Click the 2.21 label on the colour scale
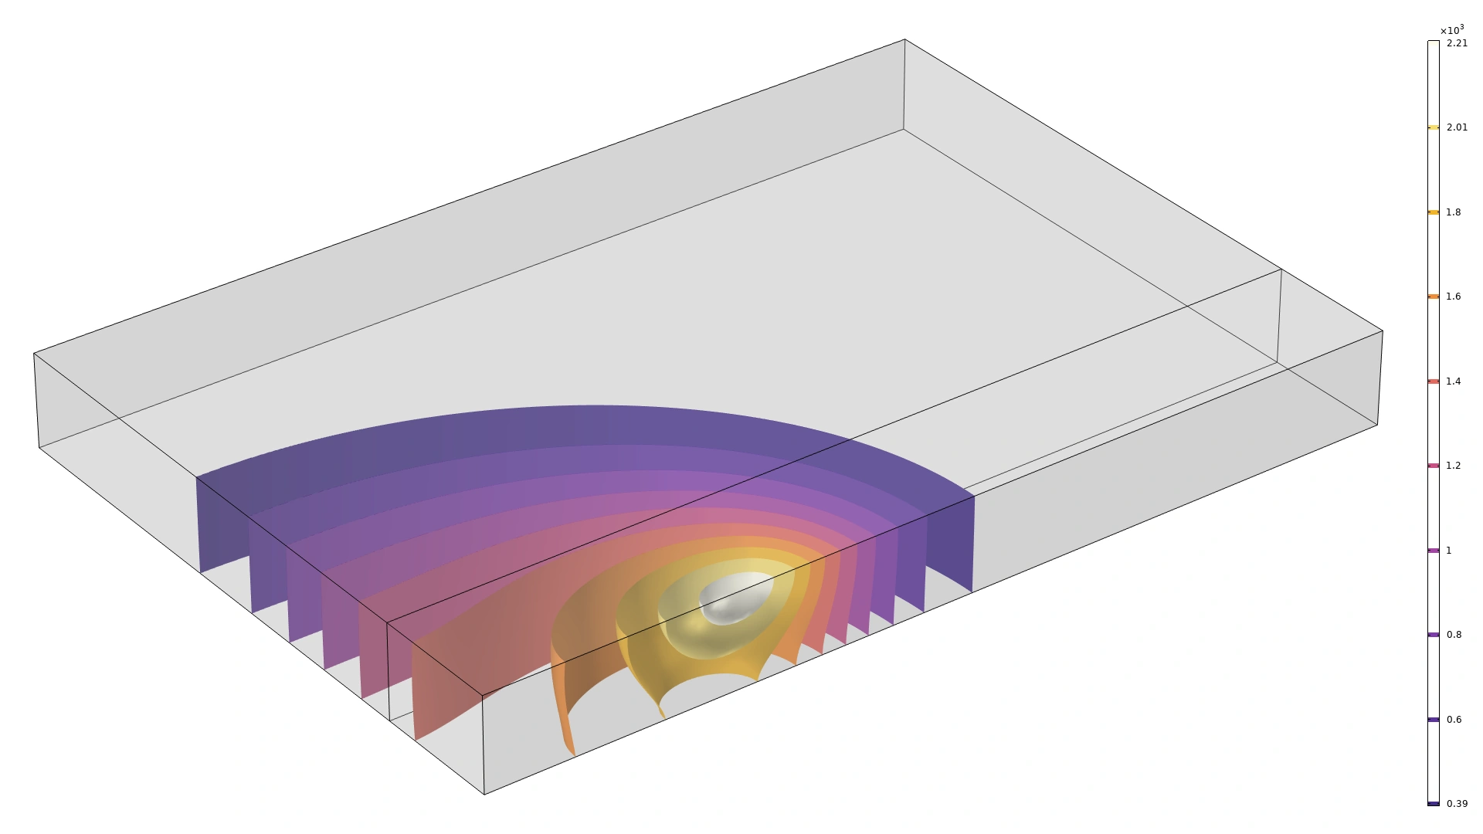point(1457,43)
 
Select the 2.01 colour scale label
point(1457,127)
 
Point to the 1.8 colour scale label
point(1454,212)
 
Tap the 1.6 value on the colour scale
point(1454,297)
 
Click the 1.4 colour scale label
point(1454,381)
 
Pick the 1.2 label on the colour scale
point(1454,466)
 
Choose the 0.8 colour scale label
point(1454,635)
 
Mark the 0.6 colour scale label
point(1454,720)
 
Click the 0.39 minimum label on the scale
point(1457,804)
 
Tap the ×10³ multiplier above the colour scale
point(1452,30)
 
